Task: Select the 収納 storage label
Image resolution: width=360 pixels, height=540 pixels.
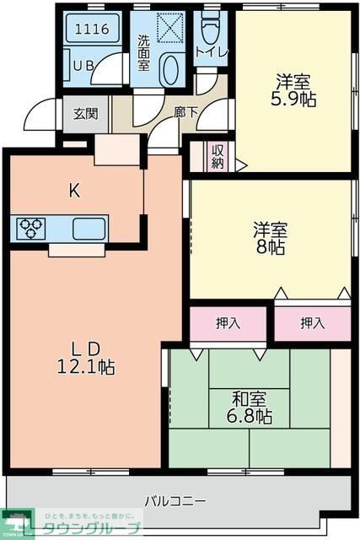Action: pos(218,157)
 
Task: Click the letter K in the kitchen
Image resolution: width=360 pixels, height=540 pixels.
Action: pos(74,191)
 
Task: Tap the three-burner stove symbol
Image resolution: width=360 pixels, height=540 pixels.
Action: pos(31,228)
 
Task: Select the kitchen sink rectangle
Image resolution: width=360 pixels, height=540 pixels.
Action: pos(89,228)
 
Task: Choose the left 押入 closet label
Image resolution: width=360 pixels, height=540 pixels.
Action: pos(228,322)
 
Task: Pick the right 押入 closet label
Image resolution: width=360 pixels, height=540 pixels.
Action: pos(313,322)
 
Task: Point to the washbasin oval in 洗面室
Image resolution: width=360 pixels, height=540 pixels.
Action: pos(169,69)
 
